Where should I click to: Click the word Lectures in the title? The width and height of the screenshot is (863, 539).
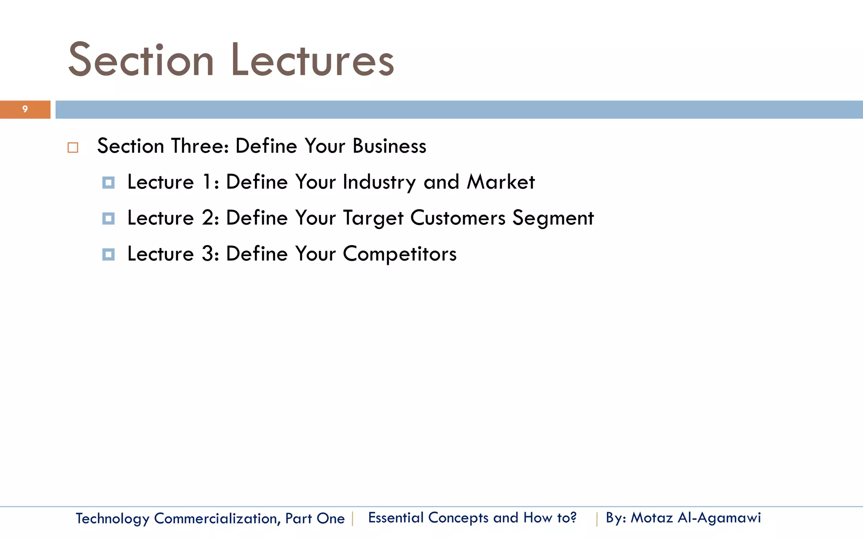[312, 60]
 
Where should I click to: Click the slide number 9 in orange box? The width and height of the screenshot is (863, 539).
[25, 109]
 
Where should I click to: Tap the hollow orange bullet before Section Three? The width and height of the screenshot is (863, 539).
[72, 148]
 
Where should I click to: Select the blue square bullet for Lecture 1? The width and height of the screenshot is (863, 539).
[108, 183]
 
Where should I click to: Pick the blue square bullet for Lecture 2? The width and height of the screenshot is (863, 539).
[108, 219]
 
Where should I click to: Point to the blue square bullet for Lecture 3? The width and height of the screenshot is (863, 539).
[108, 254]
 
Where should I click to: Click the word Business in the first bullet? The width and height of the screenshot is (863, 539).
[389, 146]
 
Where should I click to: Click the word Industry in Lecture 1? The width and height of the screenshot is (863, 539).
[379, 182]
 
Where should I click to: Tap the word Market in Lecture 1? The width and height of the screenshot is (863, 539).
[501, 182]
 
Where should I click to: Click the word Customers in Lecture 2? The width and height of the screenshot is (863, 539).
[458, 218]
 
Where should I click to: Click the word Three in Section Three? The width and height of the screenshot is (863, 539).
[200, 146]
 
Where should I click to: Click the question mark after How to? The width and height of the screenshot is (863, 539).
[573, 518]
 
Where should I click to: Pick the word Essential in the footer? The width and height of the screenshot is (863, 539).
[396, 518]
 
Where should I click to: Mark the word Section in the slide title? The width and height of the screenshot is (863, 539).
[141, 60]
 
